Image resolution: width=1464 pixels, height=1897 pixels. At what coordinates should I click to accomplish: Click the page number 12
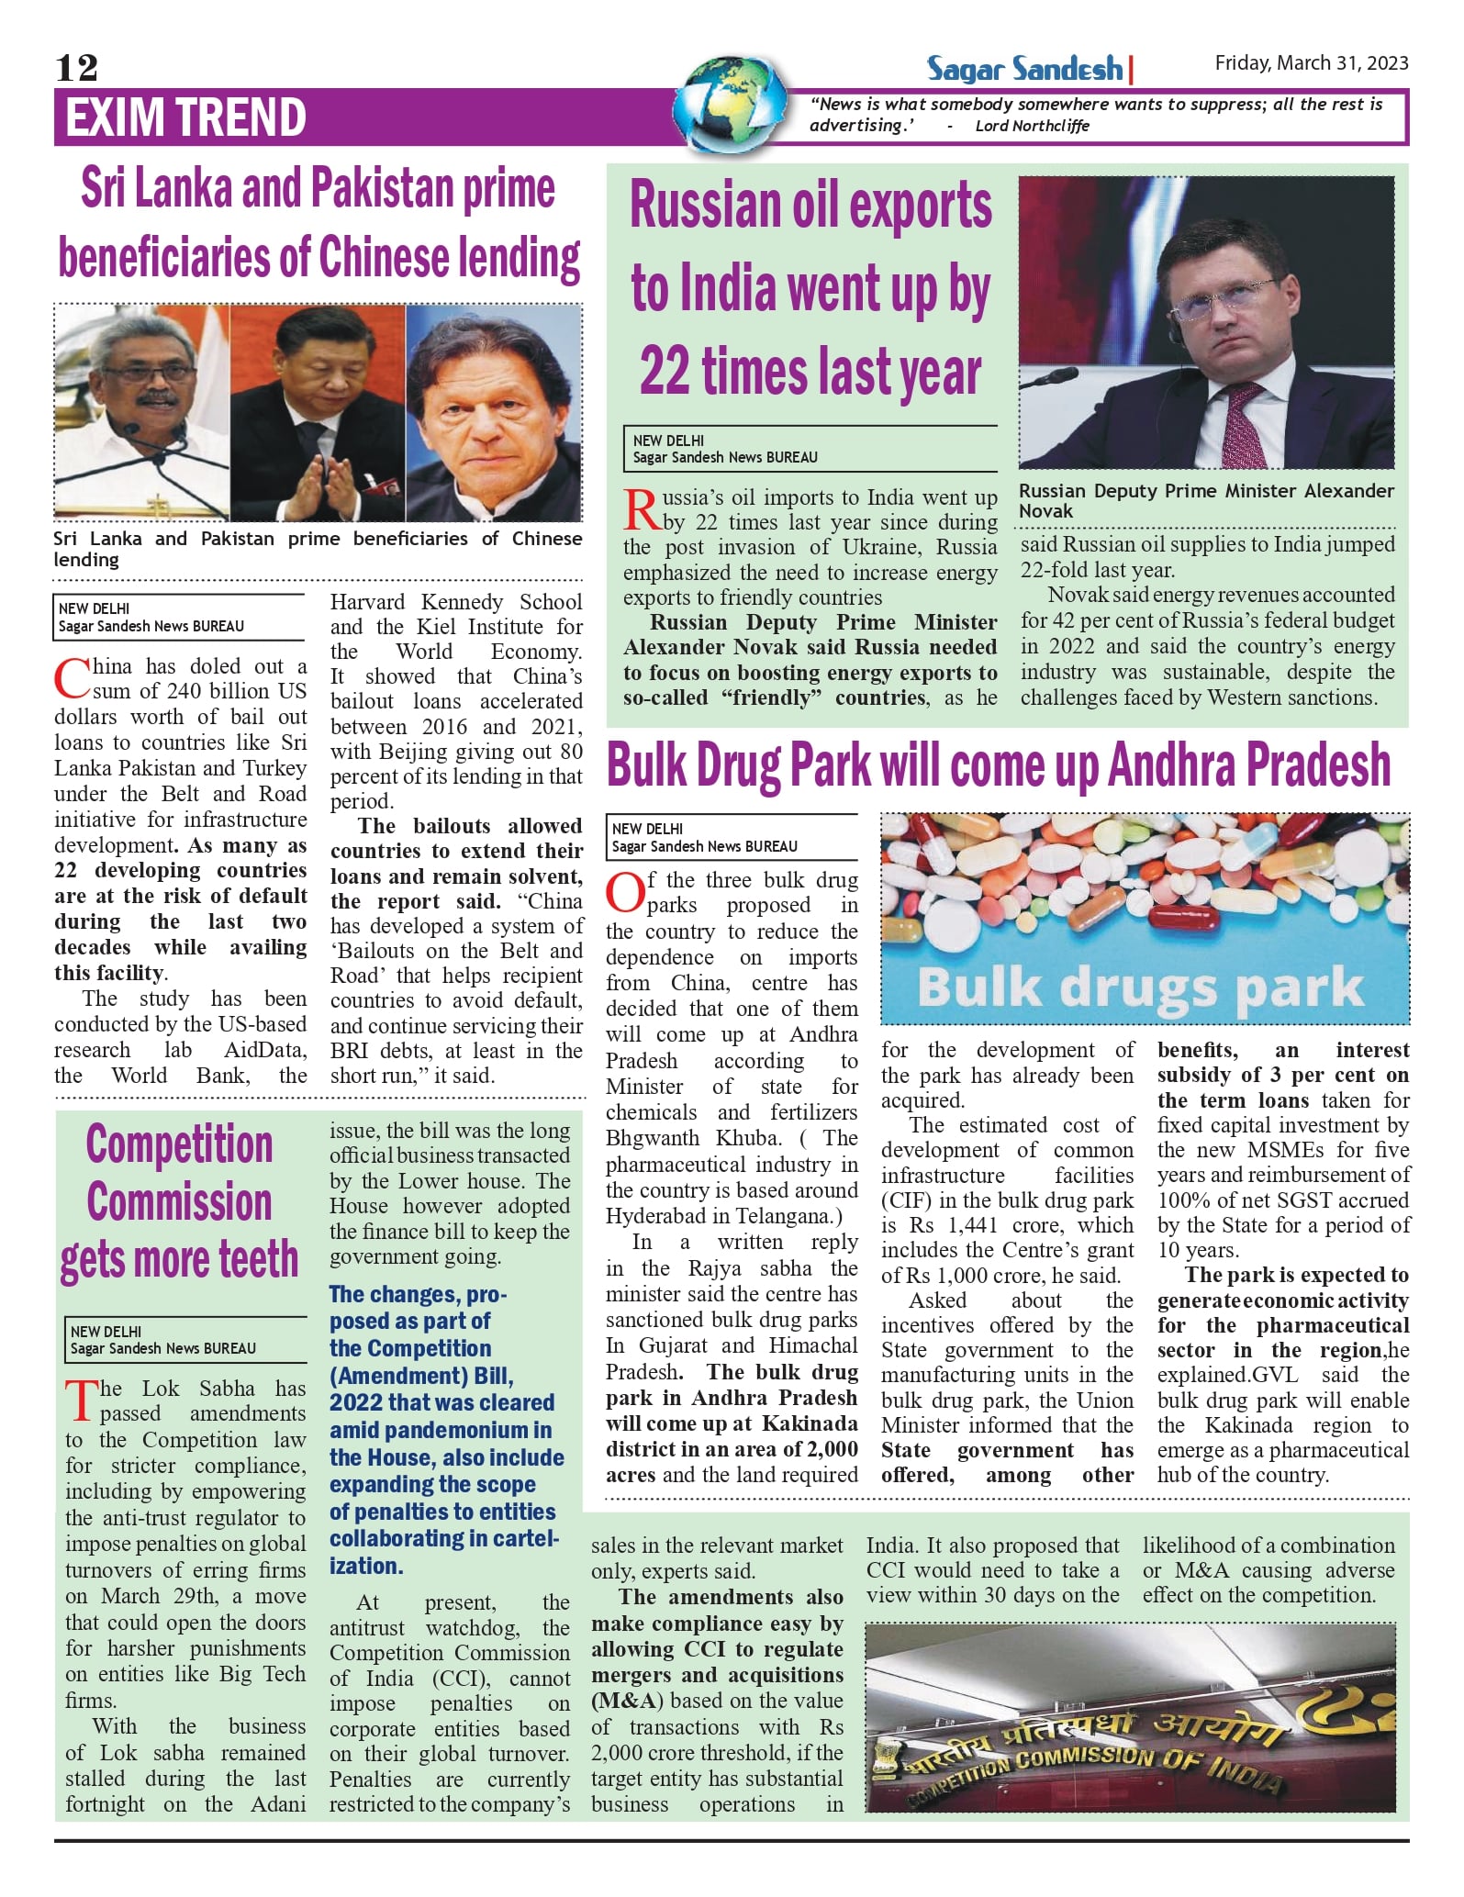pos(76,68)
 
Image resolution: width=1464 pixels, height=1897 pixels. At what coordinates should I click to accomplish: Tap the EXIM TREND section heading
pos(185,117)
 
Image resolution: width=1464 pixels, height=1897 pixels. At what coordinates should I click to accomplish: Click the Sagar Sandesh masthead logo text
pos(1023,69)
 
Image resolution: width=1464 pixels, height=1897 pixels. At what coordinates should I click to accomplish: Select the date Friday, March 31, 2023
pos(1311,62)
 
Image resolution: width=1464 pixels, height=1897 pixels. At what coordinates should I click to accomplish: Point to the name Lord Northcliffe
pos(1032,126)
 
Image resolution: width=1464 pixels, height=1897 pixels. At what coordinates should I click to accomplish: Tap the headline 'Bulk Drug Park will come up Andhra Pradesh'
pos(999,765)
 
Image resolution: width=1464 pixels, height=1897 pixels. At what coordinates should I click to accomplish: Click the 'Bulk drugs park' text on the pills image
pos(1140,987)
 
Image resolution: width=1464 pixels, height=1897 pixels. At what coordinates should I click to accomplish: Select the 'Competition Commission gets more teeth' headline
pos(180,1201)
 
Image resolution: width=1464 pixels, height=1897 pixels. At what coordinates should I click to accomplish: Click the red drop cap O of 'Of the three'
pos(624,893)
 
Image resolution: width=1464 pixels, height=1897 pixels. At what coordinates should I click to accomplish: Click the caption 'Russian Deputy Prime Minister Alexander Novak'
pos(1205,501)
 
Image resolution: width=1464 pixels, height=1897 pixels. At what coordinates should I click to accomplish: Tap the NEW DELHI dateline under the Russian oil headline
pos(668,441)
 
